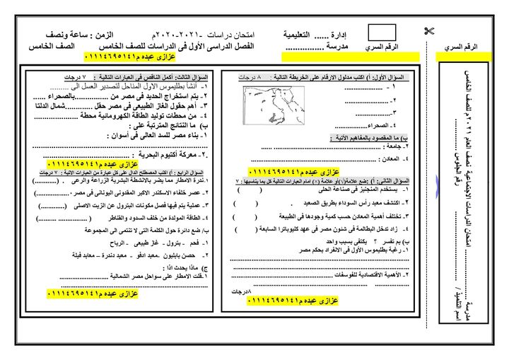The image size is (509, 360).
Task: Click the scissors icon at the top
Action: pyautogui.click(x=428, y=30)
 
